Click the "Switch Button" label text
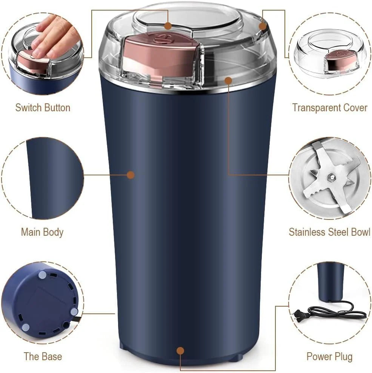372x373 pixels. (43, 107)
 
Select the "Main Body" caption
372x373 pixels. (42, 232)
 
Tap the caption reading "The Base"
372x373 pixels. (43, 356)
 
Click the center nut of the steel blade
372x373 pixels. (331, 176)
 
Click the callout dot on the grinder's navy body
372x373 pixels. (131, 175)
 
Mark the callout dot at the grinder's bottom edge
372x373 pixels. (180, 351)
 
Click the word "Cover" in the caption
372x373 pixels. (353, 107)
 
